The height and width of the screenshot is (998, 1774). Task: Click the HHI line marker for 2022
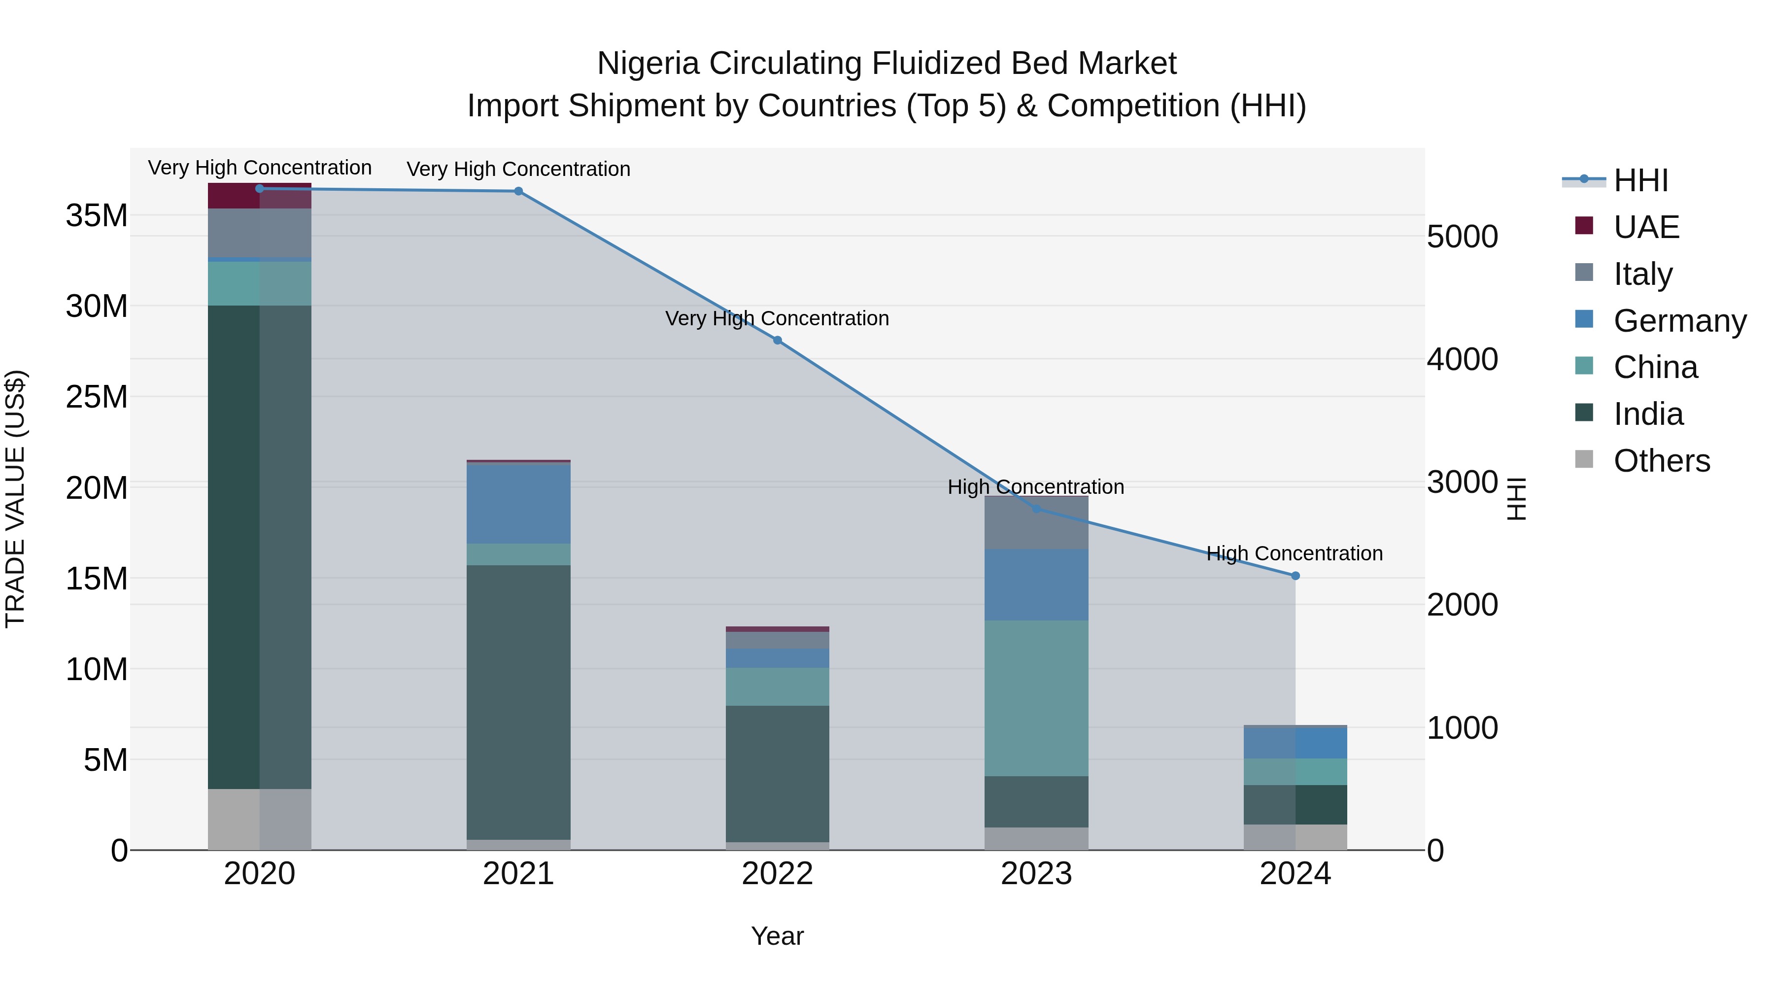[778, 340]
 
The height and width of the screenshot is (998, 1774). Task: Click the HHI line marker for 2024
[1296, 576]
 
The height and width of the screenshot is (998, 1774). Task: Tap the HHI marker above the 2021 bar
[518, 192]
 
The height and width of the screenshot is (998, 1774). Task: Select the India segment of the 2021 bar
[518, 702]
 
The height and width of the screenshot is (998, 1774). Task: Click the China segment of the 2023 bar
[1036, 698]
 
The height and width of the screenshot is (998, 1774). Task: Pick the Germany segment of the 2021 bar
[518, 504]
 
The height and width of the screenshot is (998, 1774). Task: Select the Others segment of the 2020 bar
[260, 819]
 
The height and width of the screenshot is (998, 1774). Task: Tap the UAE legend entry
[1646, 227]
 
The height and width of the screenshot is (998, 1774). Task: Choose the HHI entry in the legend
[1640, 180]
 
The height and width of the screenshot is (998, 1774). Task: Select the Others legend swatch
[1584, 459]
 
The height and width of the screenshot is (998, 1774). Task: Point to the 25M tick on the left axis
[97, 397]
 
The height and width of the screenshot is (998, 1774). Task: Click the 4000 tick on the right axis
[1462, 360]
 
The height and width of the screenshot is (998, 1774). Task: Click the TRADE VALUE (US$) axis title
[16, 499]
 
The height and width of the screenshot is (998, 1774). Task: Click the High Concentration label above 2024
[1295, 554]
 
